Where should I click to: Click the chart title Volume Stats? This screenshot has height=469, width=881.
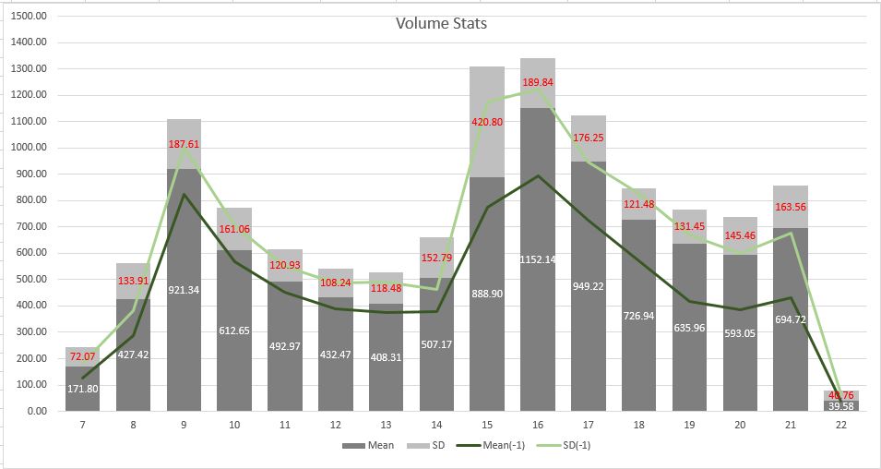441,23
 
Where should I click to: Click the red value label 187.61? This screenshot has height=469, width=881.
184,145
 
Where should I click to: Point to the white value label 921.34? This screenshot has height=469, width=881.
184,290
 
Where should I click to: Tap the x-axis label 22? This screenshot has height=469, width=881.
840,424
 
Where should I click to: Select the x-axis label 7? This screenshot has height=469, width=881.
82,424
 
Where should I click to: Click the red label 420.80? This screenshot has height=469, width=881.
487,122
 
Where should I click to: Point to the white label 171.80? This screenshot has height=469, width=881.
82,389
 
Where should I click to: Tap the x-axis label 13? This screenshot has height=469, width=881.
386,424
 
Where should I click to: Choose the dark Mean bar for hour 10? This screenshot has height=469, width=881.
234,351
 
